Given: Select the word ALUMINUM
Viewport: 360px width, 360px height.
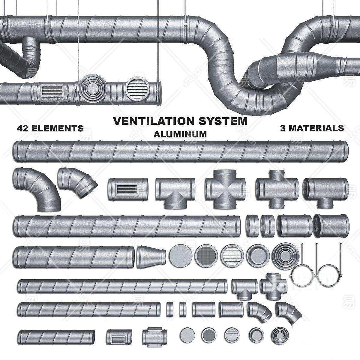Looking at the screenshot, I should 180,134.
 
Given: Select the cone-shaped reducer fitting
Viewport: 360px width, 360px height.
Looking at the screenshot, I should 151,257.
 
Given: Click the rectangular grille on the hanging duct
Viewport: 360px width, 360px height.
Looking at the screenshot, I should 50,90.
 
